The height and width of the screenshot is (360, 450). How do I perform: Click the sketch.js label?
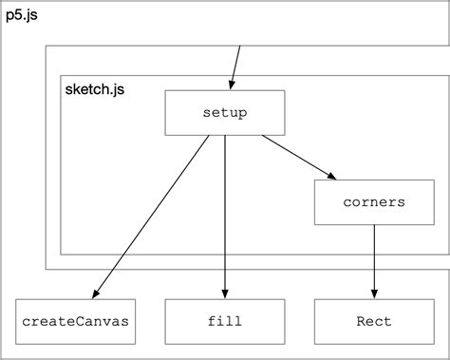[x=94, y=91]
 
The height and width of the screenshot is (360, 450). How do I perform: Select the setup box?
[x=225, y=112]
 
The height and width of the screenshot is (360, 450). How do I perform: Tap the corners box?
[x=373, y=202]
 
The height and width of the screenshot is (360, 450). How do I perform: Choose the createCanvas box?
[x=74, y=321]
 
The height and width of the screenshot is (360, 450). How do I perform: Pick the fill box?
[x=225, y=321]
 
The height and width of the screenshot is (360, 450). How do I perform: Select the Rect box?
[x=373, y=321]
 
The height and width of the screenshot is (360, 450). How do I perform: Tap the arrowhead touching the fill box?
[x=225, y=293]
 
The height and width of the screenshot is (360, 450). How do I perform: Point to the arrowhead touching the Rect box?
[x=373, y=293]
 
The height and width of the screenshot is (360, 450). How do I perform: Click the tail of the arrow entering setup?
[x=240, y=47]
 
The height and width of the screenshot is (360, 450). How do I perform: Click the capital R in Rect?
[x=360, y=321]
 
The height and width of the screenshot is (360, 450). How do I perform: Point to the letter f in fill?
[x=211, y=321]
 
